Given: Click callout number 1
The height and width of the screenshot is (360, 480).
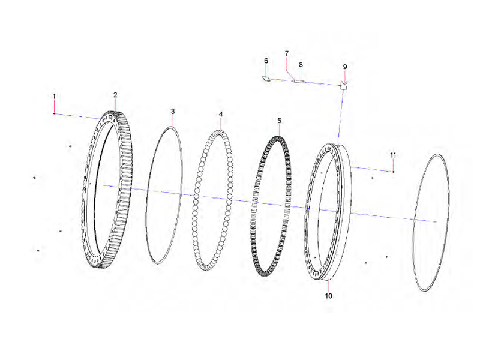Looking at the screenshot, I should (x=54, y=96).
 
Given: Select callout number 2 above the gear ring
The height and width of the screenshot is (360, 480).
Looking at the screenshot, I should (x=115, y=95).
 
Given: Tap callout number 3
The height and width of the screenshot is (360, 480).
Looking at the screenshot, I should (x=173, y=112).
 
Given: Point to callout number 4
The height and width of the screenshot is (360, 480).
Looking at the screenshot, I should (x=220, y=114).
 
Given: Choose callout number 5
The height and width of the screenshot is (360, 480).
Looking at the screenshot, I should (x=279, y=121).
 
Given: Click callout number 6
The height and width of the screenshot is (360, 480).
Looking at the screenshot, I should (x=266, y=61).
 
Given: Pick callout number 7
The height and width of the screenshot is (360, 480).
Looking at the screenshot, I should (x=286, y=53).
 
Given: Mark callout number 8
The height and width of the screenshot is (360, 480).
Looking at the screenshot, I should (x=301, y=64).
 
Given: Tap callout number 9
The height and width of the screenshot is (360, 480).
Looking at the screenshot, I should (x=344, y=66).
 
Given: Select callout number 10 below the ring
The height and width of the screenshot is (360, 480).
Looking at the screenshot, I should (x=328, y=296).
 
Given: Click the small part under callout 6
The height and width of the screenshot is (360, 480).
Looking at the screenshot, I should (x=266, y=77).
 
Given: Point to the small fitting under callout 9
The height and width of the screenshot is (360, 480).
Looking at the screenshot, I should (x=344, y=85).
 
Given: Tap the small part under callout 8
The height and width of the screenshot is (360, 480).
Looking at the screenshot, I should (x=299, y=80).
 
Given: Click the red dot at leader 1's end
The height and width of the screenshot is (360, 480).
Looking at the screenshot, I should (x=54, y=113).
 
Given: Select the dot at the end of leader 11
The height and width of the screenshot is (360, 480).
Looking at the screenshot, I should (x=393, y=172).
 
